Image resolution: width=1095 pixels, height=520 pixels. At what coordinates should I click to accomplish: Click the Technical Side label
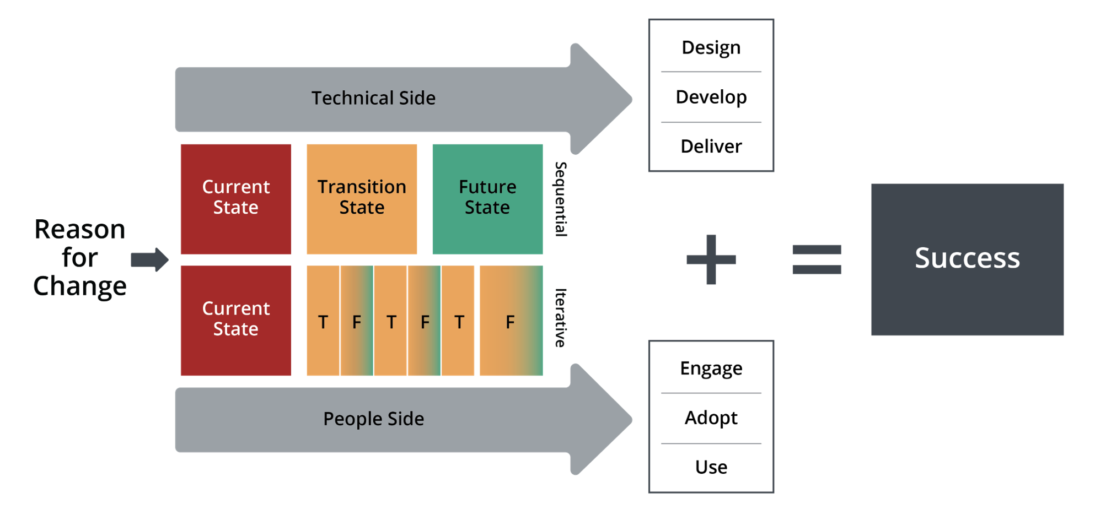pyautogui.click(x=373, y=98)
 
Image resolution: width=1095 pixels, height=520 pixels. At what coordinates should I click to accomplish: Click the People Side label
pyautogui.click(x=373, y=419)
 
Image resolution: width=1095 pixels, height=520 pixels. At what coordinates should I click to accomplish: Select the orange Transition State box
pyautogui.click(x=362, y=199)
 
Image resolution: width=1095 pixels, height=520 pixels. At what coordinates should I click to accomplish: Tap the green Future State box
pyautogui.click(x=487, y=199)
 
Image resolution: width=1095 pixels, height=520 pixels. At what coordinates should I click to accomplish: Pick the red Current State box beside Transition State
pyautogui.click(x=236, y=199)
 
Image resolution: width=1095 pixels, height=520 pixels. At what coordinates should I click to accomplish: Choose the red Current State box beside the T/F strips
pyautogui.click(x=236, y=320)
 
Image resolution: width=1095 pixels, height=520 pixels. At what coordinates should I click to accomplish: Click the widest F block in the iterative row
pyautogui.click(x=511, y=321)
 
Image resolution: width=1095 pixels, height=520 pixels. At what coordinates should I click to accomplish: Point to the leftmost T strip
pyautogui.click(x=323, y=321)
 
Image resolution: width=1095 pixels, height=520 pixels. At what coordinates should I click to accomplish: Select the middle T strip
pyautogui.click(x=391, y=321)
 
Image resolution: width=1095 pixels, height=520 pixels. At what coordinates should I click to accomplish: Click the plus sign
pyautogui.click(x=711, y=259)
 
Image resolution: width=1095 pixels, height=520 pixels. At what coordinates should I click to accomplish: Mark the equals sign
pyautogui.click(x=817, y=259)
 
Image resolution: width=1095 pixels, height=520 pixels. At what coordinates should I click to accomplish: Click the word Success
pyautogui.click(x=967, y=258)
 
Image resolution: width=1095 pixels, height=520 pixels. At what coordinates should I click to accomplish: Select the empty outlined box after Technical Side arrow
pyautogui.click(x=711, y=95)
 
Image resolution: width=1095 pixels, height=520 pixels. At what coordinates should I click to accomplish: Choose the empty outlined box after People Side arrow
pyautogui.click(x=711, y=416)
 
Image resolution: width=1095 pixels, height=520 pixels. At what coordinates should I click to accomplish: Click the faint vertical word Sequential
pyautogui.click(x=561, y=199)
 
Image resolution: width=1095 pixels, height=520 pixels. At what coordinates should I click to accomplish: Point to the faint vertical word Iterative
pyautogui.click(x=560, y=317)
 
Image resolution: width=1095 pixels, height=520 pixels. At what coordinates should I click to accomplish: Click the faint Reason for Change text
pyautogui.click(x=80, y=258)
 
